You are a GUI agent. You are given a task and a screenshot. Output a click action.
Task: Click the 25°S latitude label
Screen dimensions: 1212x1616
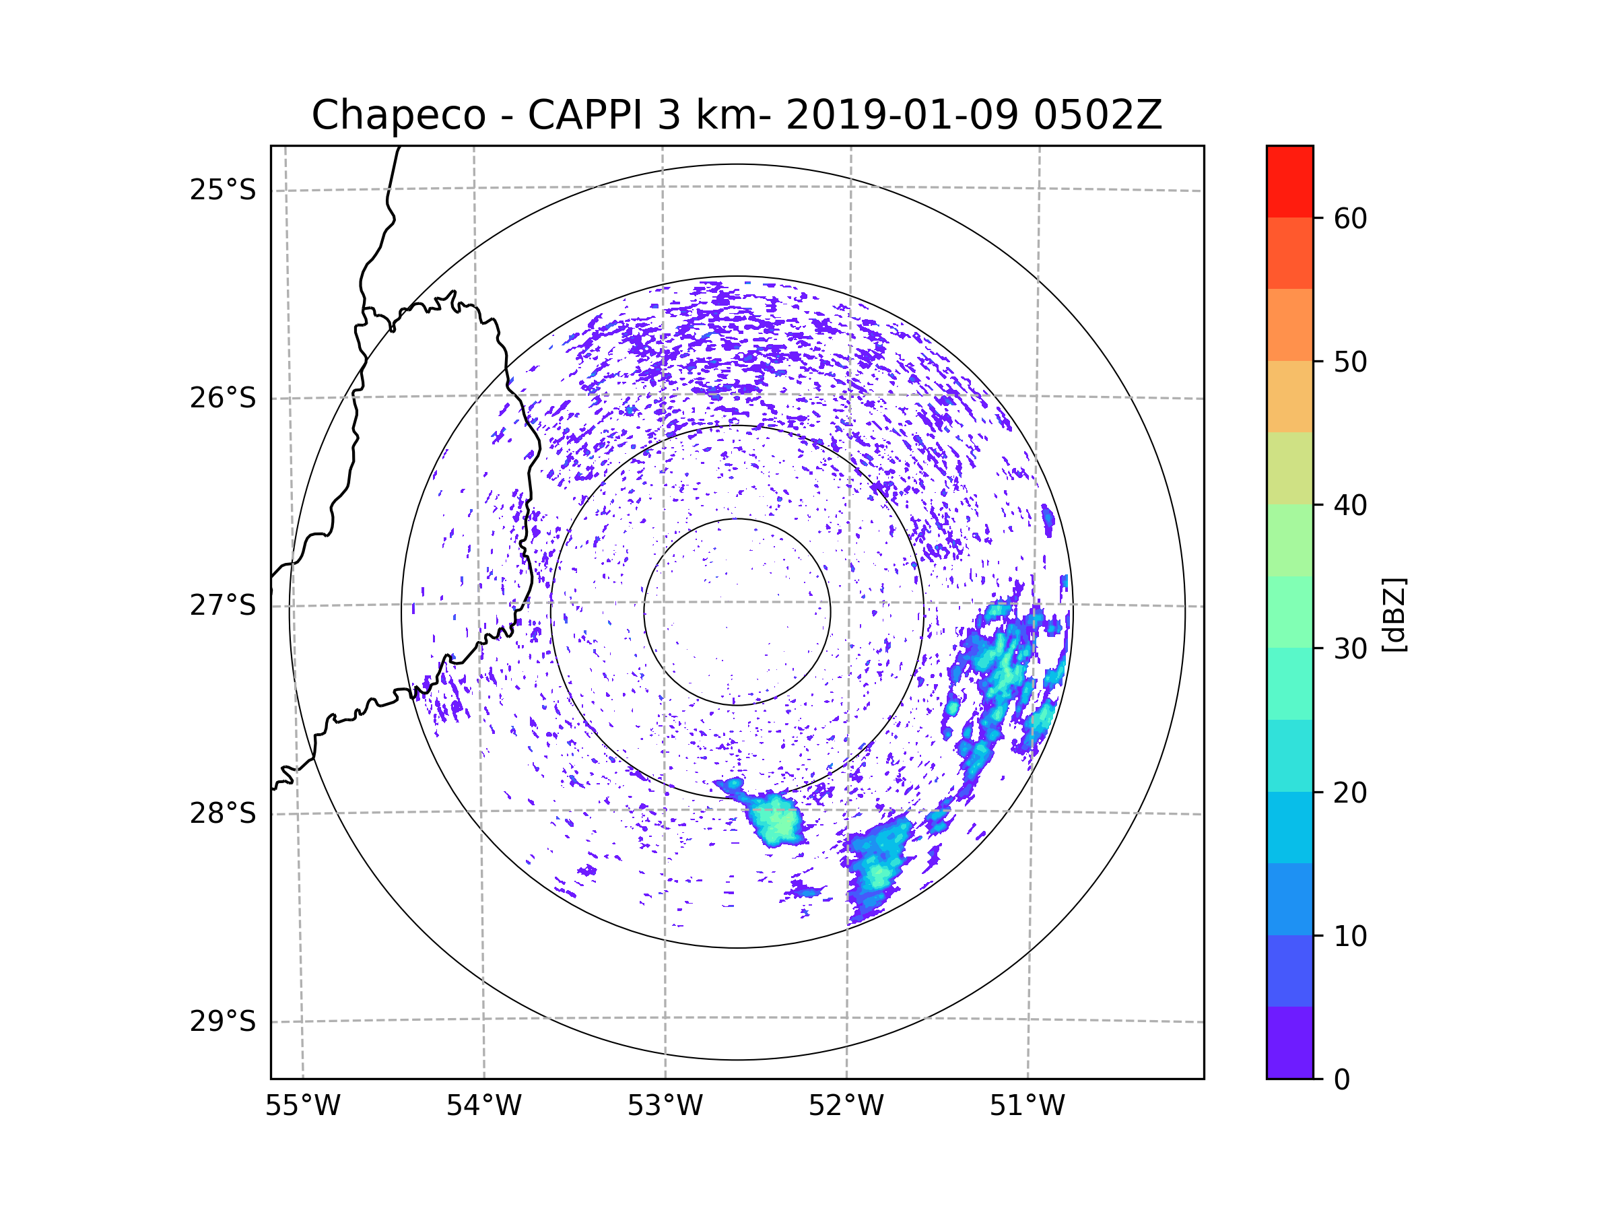coord(223,190)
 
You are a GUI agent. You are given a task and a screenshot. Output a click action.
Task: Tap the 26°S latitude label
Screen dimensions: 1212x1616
coord(223,398)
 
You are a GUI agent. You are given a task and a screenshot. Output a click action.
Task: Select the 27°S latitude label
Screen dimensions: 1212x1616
coord(223,605)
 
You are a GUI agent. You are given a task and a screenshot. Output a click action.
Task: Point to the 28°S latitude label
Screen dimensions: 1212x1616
coord(223,813)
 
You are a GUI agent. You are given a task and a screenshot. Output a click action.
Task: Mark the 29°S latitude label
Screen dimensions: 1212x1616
coord(223,1021)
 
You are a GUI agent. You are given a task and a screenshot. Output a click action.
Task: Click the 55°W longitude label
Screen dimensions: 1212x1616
coord(302,1106)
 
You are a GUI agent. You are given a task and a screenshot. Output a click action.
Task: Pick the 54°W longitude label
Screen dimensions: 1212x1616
coord(483,1106)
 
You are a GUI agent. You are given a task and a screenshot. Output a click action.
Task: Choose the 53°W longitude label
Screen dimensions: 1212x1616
coord(665,1106)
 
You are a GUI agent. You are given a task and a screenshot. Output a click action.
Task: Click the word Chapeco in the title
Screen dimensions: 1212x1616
coord(398,115)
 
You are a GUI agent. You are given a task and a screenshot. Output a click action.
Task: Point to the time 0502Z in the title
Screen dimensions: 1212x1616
coord(1098,115)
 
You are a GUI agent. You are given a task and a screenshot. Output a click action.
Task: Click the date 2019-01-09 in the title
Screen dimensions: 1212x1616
coord(902,115)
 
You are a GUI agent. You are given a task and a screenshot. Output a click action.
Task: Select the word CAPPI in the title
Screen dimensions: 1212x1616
coord(584,115)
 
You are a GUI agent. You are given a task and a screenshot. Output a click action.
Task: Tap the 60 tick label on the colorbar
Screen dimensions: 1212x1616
coord(1350,218)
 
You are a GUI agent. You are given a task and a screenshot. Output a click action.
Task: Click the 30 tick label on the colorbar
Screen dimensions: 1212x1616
coord(1350,648)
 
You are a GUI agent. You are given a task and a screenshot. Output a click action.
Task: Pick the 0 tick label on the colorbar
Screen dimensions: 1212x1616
coord(1342,1080)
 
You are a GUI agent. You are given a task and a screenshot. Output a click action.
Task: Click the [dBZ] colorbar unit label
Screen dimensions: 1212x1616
coord(1394,614)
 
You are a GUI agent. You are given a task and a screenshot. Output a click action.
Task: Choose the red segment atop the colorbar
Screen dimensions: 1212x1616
coord(1289,181)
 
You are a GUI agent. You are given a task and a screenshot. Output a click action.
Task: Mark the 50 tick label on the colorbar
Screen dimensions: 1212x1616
coord(1350,362)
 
